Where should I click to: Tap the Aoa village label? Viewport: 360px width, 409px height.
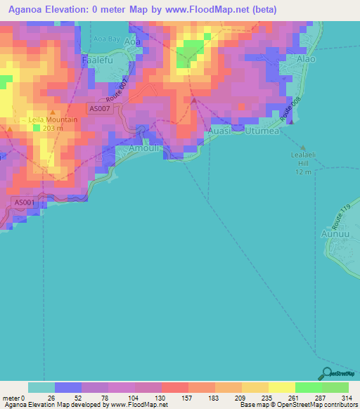(131, 42)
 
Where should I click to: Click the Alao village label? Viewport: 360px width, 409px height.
(307, 60)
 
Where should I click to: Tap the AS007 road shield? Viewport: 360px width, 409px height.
(100, 109)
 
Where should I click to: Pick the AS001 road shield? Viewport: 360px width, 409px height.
(24, 202)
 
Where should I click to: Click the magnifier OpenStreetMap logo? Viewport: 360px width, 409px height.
(326, 373)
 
